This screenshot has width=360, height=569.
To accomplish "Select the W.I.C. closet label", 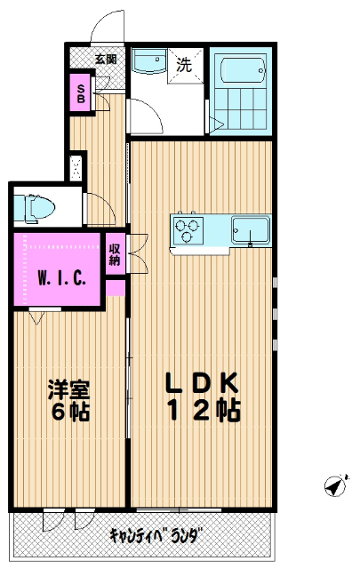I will pos(62,277).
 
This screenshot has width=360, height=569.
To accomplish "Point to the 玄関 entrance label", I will pos(106,59).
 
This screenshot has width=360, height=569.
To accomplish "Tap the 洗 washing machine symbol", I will pos(184,65).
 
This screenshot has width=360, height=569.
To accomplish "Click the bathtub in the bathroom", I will pos(242,70).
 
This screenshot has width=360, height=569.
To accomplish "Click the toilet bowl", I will pos(36,209).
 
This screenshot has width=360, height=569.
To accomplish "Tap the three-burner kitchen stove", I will pos(189,229).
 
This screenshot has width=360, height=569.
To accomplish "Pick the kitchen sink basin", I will pos(250,229).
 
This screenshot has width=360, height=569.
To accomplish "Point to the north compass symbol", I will pos(334,485).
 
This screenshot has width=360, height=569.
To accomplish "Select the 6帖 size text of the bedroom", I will pos(68,413).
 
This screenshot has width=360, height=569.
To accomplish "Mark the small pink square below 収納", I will pos(116,287).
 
